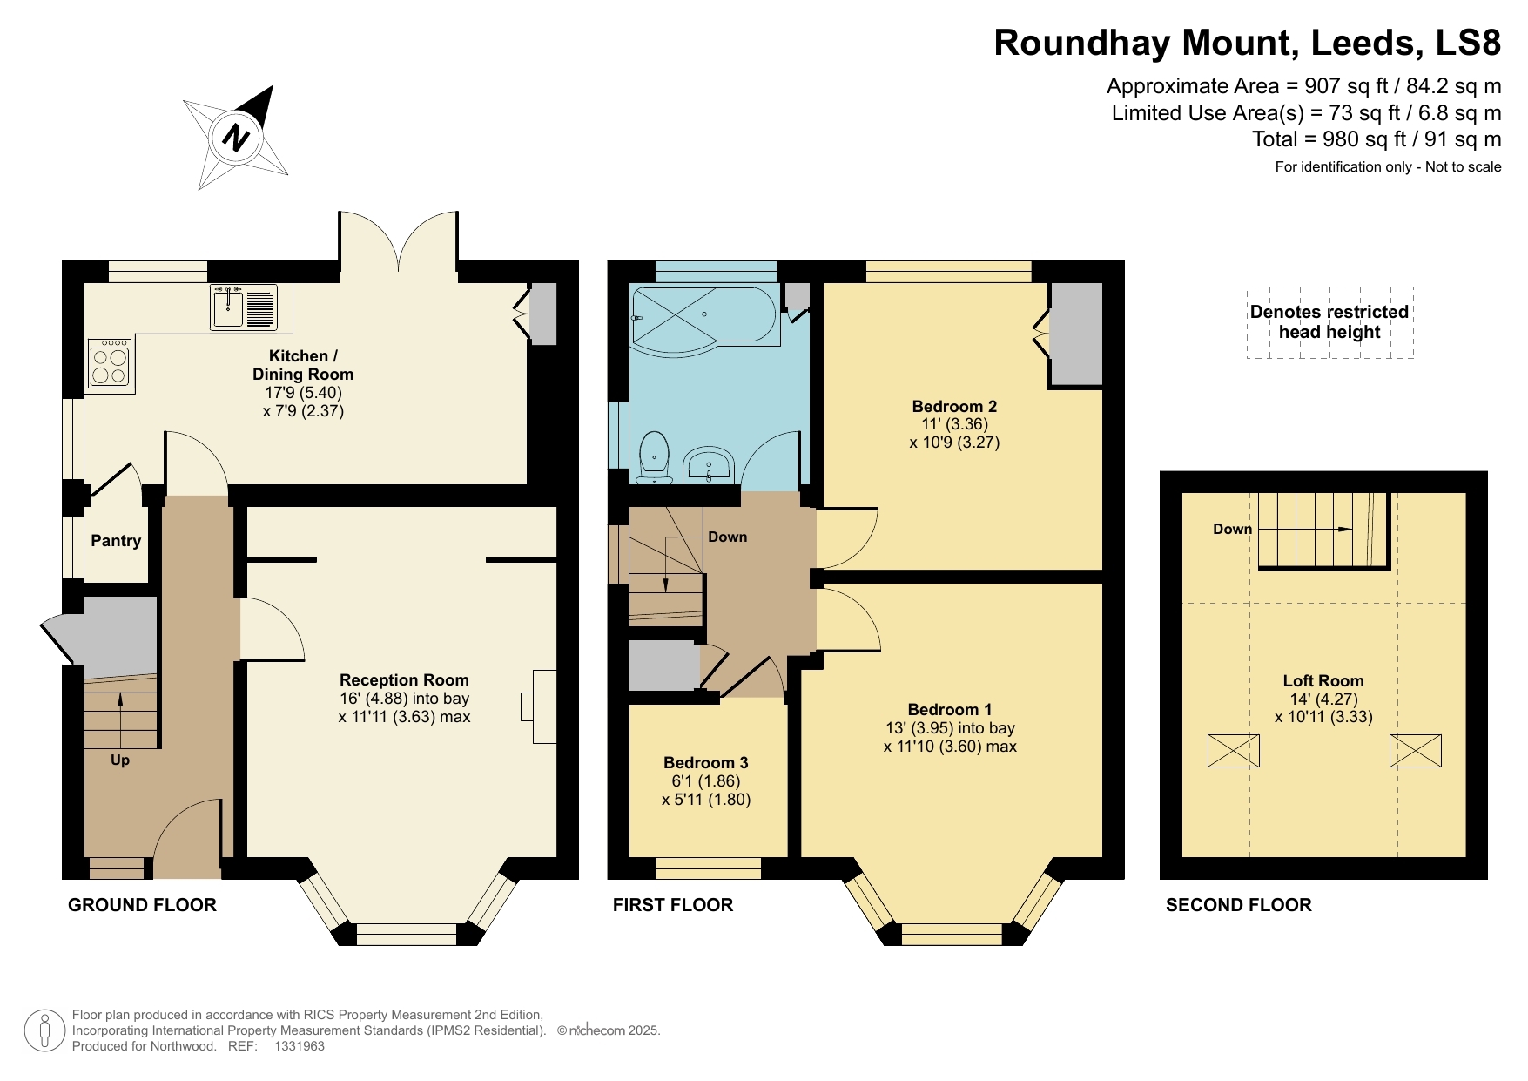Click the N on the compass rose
coord(235,138)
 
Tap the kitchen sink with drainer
coord(244,307)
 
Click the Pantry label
coord(116,541)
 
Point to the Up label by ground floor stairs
coord(120,760)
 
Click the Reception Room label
coord(404,680)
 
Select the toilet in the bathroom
coord(654,458)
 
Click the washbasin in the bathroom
coord(709,464)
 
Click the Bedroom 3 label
coord(705,763)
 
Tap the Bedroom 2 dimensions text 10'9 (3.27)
coord(954,443)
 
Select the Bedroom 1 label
coord(949,710)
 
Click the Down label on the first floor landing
coord(727,537)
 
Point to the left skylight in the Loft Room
coord(1233,751)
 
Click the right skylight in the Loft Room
coord(1415,751)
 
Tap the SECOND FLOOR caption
coord(1238,905)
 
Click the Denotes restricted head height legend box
coord(1329,322)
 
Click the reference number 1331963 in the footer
coord(299,1046)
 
